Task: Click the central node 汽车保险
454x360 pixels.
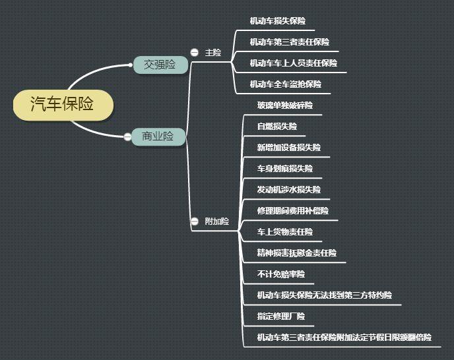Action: (63, 104)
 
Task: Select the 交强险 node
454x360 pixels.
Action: (160, 65)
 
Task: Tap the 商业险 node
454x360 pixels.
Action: (158, 136)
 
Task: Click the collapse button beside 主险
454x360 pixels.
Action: (194, 52)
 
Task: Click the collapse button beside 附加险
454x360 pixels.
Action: (194, 222)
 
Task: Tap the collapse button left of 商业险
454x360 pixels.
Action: (127, 136)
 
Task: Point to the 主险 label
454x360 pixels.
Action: (212, 53)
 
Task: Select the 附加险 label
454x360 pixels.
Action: (217, 222)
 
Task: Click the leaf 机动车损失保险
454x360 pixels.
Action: (278, 21)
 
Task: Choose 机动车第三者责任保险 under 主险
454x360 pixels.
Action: (290, 42)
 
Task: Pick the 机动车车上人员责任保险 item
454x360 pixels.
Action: (294, 63)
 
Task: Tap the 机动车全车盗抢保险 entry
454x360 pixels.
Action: (286, 84)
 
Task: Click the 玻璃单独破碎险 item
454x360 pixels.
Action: (285, 105)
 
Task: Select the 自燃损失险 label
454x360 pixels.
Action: (277, 126)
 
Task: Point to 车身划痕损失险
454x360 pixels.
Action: (285, 168)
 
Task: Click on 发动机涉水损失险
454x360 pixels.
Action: (289, 189)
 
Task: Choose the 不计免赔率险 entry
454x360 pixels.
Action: (281, 274)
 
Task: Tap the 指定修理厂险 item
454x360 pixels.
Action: (281, 316)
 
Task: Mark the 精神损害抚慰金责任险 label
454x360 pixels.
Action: (297, 253)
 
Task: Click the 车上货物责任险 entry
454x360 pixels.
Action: (285, 232)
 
